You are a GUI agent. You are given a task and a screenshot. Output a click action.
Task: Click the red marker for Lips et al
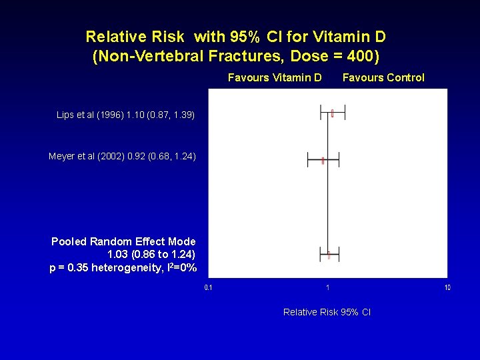coord(332,113)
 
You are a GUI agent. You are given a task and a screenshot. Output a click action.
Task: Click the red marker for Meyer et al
coord(323,160)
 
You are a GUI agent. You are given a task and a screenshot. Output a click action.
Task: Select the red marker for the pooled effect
coord(329,254)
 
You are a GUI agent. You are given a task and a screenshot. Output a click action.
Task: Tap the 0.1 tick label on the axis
coord(208,288)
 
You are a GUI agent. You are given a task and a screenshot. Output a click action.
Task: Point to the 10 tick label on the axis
coord(447,288)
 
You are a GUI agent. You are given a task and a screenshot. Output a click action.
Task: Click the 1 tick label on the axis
coord(327,288)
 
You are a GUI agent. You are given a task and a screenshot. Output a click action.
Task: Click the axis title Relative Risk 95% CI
coord(327,312)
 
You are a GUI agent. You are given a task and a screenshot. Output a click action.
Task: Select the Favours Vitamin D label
coord(275,77)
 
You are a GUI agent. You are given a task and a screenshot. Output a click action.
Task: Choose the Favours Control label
coord(383,77)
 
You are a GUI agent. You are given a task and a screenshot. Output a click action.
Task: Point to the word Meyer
coord(62,157)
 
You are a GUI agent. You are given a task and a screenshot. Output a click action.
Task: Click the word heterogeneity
coord(130,268)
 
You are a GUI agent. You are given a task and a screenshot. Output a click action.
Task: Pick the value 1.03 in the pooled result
coord(119,255)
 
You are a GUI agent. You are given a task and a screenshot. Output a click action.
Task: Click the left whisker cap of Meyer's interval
coord(307,160)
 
